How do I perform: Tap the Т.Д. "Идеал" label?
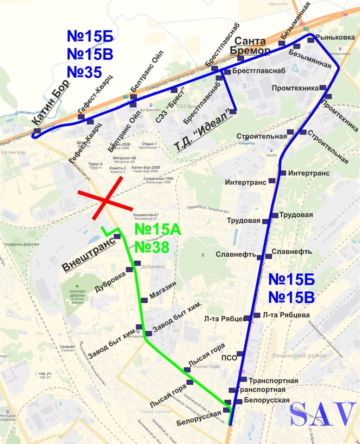205,131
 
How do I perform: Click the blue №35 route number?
84,72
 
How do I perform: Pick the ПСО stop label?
229,358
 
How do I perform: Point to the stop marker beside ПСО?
240,354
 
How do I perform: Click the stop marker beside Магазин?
144,300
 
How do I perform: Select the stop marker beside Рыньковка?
310,40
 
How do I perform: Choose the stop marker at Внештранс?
117,236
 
